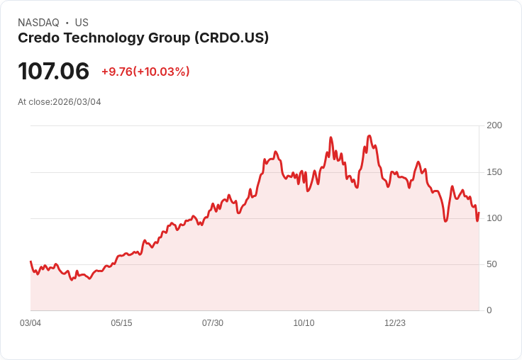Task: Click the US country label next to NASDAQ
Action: [82, 23]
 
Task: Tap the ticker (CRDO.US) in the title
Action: [231, 38]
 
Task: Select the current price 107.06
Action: [53, 72]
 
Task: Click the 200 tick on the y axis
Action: [494, 125]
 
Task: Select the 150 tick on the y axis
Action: [494, 172]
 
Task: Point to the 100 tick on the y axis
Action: [494, 218]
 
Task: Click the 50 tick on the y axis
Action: [492, 264]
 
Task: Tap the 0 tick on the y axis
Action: [489, 310]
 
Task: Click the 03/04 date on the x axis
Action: [30, 323]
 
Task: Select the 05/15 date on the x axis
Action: [121, 323]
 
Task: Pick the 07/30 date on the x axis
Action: [213, 323]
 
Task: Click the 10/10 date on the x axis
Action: [304, 323]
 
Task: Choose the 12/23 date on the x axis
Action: [395, 323]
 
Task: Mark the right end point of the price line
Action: [479, 213]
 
